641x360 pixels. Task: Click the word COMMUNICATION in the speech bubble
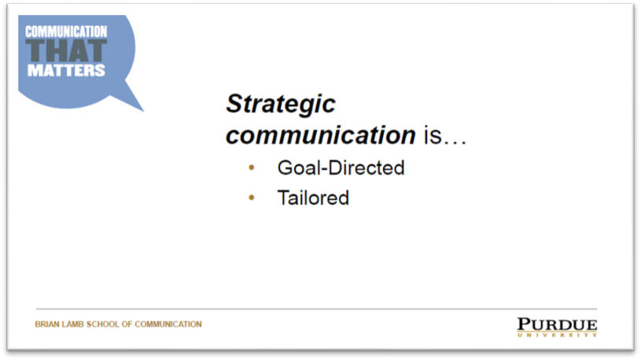coord(66,32)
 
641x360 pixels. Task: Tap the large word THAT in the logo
coord(66,51)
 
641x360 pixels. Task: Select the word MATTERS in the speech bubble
coord(66,70)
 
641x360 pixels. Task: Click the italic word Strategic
coord(281,105)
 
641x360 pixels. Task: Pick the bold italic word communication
coord(321,135)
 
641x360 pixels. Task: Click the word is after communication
coord(433,135)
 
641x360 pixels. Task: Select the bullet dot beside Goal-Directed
coord(252,167)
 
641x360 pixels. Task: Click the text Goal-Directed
coord(341,168)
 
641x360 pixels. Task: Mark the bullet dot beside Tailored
coord(252,198)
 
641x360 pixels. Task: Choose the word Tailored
coord(313,198)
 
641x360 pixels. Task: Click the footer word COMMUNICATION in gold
coord(168,325)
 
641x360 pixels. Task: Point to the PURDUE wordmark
coord(557,325)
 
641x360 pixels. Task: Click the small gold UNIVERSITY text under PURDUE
coord(557,335)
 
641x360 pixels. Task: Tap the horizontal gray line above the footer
coord(316,309)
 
